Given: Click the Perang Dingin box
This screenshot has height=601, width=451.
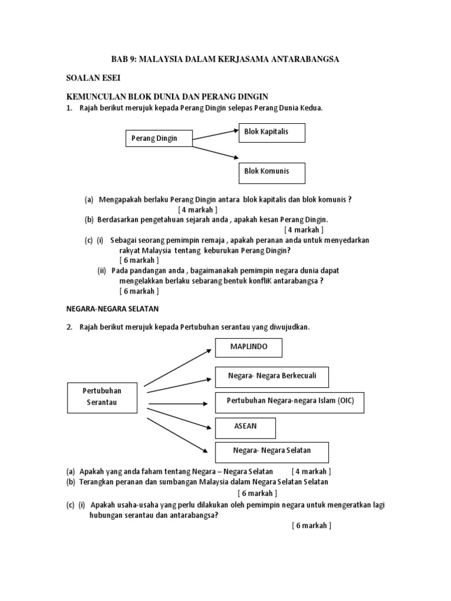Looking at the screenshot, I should click(159, 139).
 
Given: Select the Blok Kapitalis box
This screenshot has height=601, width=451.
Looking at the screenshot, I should click(271, 133).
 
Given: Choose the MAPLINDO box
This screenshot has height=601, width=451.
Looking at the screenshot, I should click(248, 347).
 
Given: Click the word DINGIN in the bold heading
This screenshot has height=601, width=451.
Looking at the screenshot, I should click(251, 96).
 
